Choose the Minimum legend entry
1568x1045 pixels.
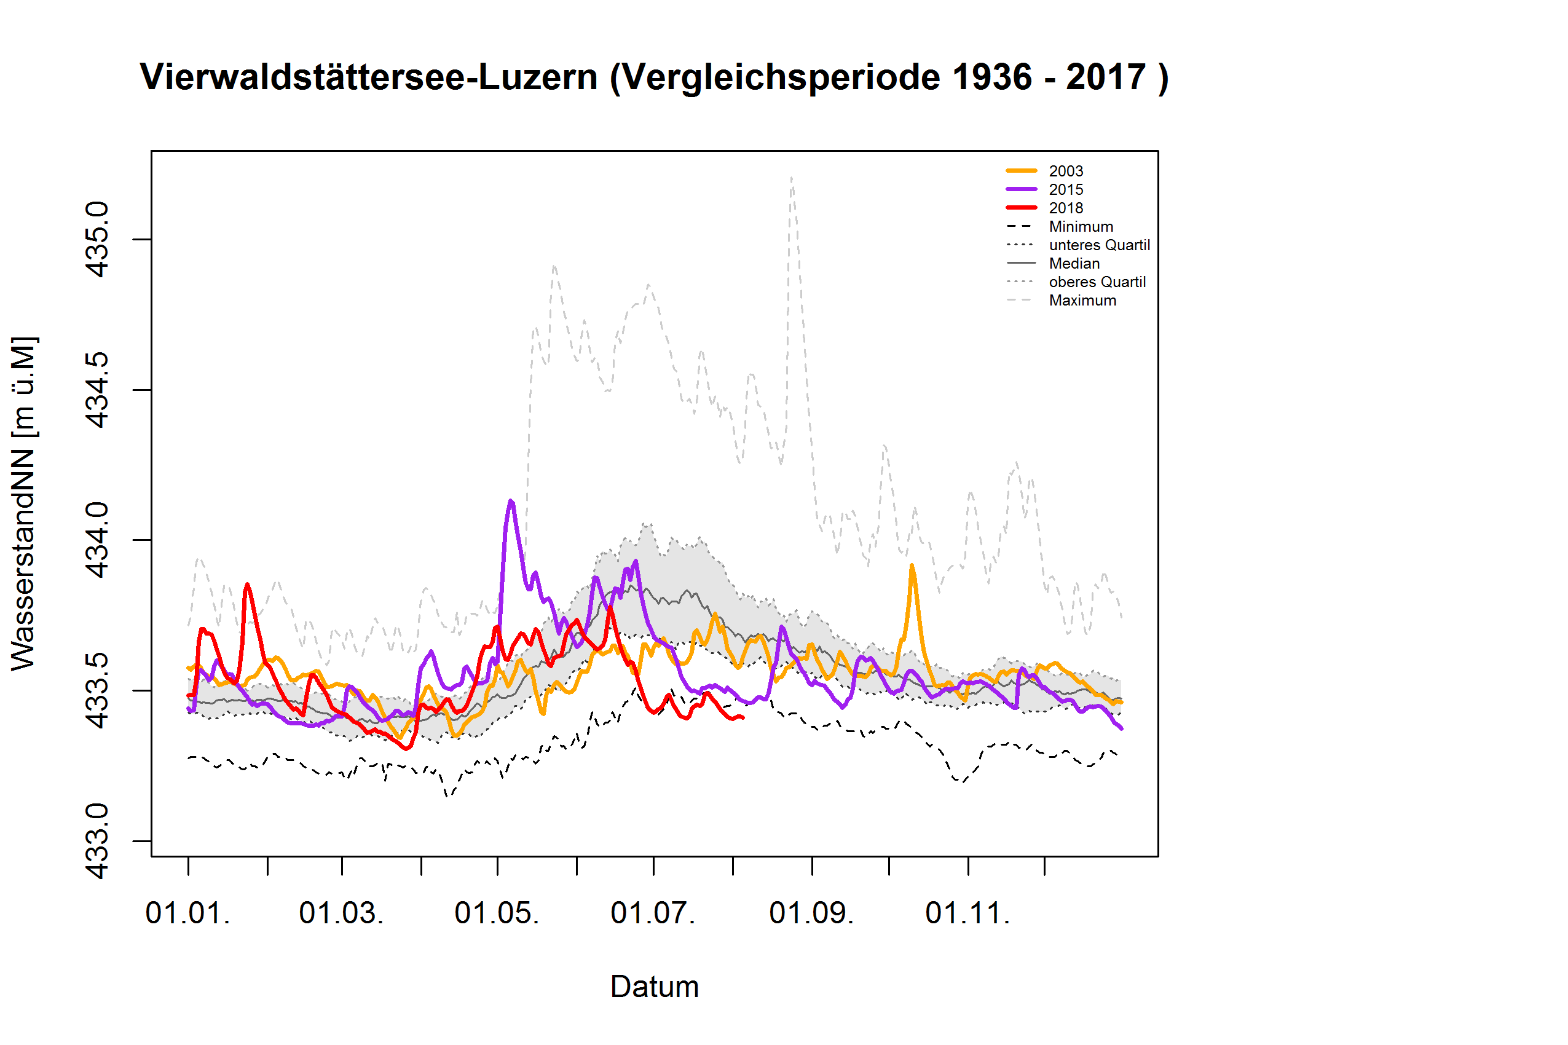coord(1080,227)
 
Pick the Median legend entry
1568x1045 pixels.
coord(1074,263)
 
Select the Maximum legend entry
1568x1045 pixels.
coord(1082,301)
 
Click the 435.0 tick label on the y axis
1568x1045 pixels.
coord(97,239)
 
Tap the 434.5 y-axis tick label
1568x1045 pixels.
coord(97,390)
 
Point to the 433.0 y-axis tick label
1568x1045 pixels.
coord(97,841)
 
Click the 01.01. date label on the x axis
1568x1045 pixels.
coord(188,913)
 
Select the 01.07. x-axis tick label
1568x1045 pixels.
coord(652,913)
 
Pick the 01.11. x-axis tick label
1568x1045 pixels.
coord(967,913)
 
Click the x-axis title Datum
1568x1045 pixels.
coord(654,987)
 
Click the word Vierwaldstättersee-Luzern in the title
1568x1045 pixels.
coord(369,77)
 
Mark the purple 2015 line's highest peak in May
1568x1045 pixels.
coord(510,500)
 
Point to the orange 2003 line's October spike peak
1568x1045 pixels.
coord(911,566)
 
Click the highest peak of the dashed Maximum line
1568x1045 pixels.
coord(791,177)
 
